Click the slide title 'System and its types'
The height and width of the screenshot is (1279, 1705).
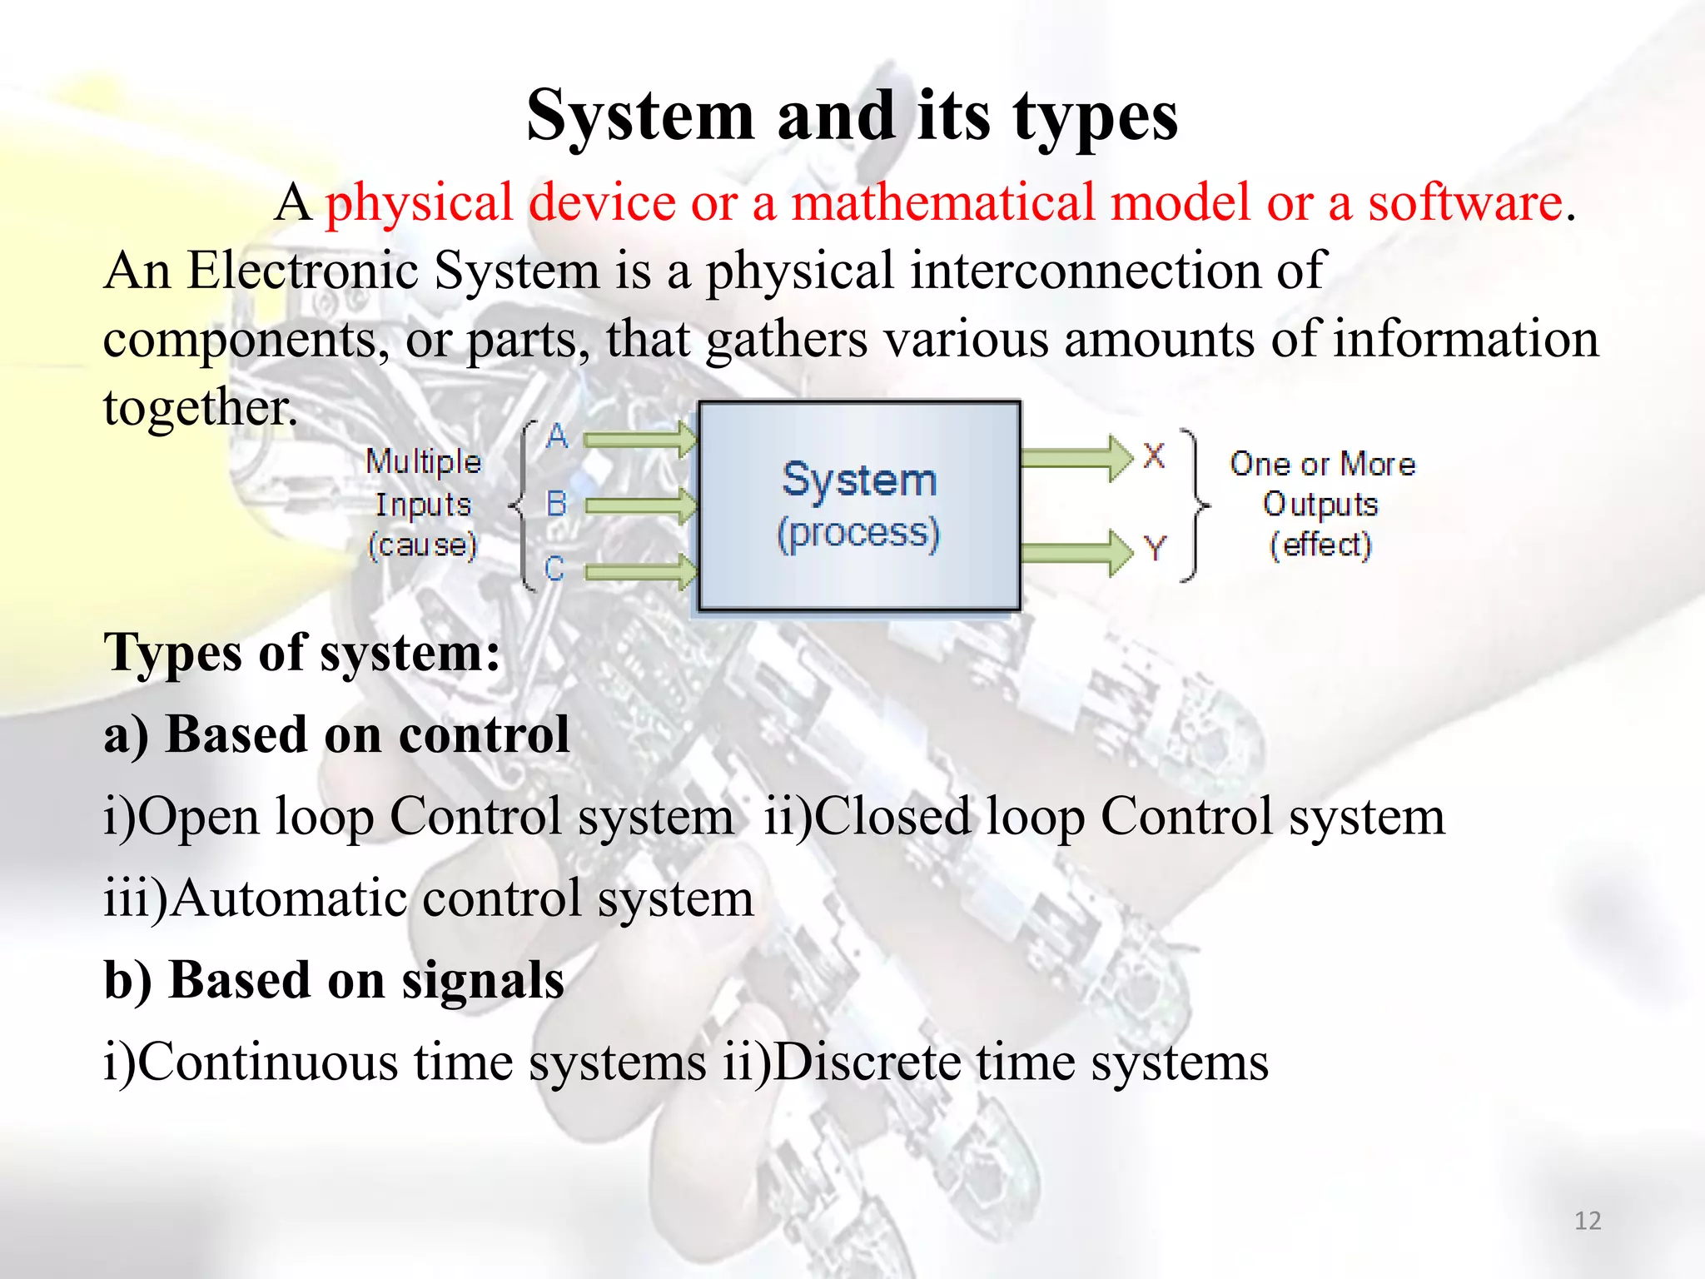pos(852,117)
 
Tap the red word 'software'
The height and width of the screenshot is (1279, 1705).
pos(1465,202)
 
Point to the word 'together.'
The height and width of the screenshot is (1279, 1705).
pos(200,408)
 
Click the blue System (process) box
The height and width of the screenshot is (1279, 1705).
pos(859,505)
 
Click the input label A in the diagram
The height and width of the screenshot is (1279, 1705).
pos(557,436)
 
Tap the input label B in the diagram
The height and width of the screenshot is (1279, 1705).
pos(555,504)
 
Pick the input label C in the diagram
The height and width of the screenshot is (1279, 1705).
pos(554,569)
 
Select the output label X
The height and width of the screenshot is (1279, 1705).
pos(1153,456)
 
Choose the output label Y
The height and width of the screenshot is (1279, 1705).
pos(1155,549)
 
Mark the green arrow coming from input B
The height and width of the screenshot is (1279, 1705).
pos(641,505)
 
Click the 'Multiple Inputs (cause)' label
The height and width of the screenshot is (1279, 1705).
pos(423,504)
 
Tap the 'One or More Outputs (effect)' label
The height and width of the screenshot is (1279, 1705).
pos(1322,504)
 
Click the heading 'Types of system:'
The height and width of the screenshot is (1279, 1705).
pos(302,653)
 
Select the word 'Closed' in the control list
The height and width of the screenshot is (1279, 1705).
pos(892,816)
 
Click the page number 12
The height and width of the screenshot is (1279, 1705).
pos(1588,1221)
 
